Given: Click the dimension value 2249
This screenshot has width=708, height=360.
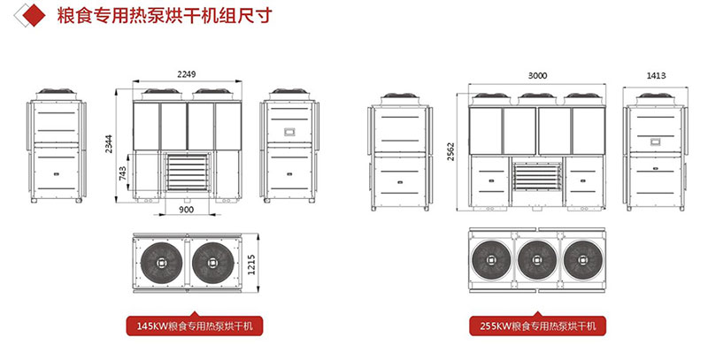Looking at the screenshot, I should [x=186, y=75].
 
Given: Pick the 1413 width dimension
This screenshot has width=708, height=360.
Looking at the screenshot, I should [x=656, y=76].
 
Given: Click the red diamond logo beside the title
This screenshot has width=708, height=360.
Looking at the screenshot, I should [x=33, y=15].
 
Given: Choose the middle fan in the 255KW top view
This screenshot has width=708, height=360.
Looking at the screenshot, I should [x=537, y=263].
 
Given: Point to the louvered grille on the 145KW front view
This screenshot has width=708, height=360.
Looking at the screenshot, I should [x=186, y=174].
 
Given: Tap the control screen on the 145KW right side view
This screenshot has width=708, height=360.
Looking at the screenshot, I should [x=289, y=131].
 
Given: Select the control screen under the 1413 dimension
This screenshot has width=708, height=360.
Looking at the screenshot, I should [x=656, y=139].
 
